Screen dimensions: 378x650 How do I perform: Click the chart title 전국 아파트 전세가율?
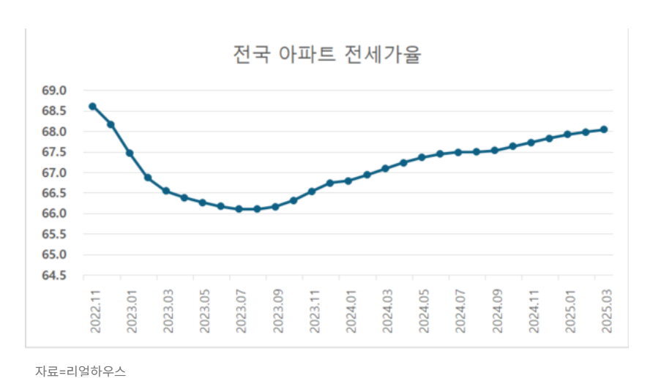pos(326,55)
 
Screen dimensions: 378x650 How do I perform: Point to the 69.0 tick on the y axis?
pos(54,91)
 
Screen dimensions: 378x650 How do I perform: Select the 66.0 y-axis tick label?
pos(54,213)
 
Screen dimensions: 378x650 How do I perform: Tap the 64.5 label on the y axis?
pos(54,275)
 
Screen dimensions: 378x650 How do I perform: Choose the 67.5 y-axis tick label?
pos(54,152)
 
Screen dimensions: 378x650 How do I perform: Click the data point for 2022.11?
pos(93,106)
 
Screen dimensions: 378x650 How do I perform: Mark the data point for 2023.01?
pos(130,153)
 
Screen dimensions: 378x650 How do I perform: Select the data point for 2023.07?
pos(239,209)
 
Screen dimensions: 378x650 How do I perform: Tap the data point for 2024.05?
pos(422,157)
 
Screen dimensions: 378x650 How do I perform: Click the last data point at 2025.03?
pos(604,129)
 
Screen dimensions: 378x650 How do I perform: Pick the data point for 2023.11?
pos(312,192)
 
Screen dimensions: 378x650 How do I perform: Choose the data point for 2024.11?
pos(531,143)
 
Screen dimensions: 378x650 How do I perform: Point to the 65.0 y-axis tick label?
pos(54,254)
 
